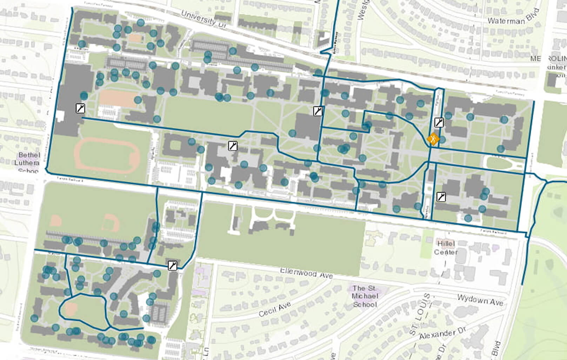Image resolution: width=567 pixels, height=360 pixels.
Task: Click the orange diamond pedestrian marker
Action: pyautogui.click(x=434, y=139)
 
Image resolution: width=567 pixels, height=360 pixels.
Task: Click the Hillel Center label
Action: pyautogui.click(x=446, y=248)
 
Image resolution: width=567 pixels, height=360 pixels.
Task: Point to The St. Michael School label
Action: pyautogui.click(x=365, y=296)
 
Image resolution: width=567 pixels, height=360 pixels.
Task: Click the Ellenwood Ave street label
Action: pyautogui.click(x=306, y=273)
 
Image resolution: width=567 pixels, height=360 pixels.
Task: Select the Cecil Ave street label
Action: pyautogui.click(x=274, y=309)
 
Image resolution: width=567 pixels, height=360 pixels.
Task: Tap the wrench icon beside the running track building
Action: pyautogui.click(x=80, y=108)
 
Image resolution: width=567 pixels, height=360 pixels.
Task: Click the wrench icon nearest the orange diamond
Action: pyautogui.click(x=439, y=122)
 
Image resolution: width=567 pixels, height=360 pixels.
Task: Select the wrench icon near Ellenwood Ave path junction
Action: pyautogui.click(x=172, y=265)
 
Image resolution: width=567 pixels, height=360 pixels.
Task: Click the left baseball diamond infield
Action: pyautogui.click(x=56, y=221)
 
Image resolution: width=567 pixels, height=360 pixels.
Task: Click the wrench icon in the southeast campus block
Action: pyautogui.click(x=441, y=197)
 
